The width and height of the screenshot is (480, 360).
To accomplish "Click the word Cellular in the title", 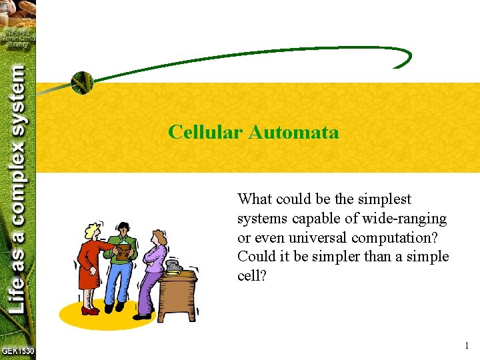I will pyautogui.click(x=205, y=132).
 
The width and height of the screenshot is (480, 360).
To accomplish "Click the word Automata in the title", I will pyautogui.click(x=293, y=132).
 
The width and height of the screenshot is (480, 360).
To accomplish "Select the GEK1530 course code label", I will pyautogui.click(x=18, y=351).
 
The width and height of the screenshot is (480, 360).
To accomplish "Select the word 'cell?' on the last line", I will pyautogui.click(x=252, y=276).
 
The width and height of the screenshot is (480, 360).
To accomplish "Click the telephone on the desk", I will pyautogui.click(x=174, y=266).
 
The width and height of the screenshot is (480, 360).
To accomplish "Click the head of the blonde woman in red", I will pyautogui.click(x=91, y=231).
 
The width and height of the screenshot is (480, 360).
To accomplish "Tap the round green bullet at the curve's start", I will pyautogui.click(x=82, y=83).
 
